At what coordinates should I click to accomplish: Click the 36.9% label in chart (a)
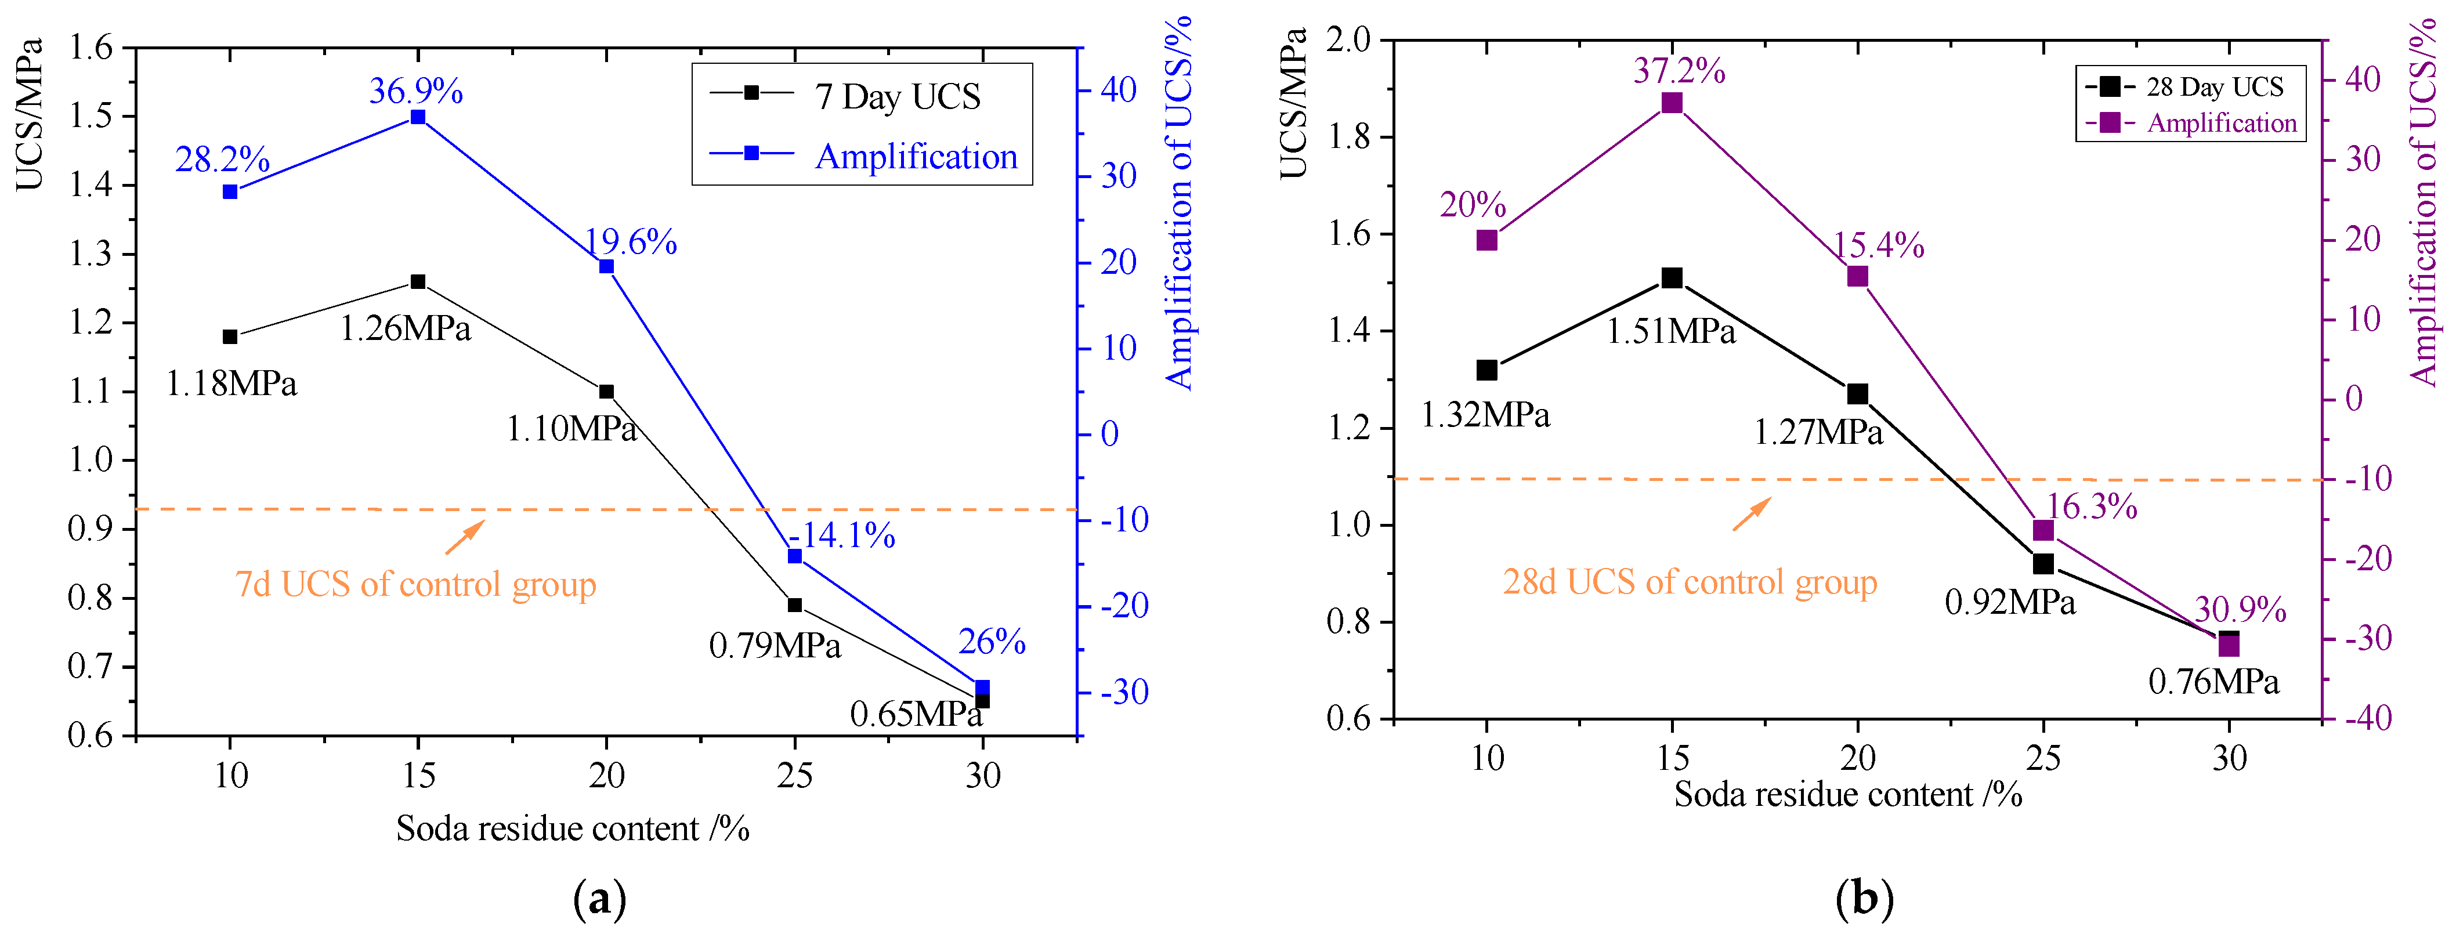pos(415,92)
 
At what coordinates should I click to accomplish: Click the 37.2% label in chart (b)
pos(1679,71)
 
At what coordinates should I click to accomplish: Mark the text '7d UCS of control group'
pos(415,584)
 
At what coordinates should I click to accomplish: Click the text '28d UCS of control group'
pos(1690,581)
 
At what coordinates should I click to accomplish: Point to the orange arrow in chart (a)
pos(464,537)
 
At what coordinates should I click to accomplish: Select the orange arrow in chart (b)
pos(1752,515)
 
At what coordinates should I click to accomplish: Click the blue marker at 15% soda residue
pos(418,117)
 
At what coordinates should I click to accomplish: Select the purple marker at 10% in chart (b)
pos(1486,240)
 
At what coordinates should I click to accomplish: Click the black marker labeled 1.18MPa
pos(230,336)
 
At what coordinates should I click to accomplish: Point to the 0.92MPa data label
pos(2010,602)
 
